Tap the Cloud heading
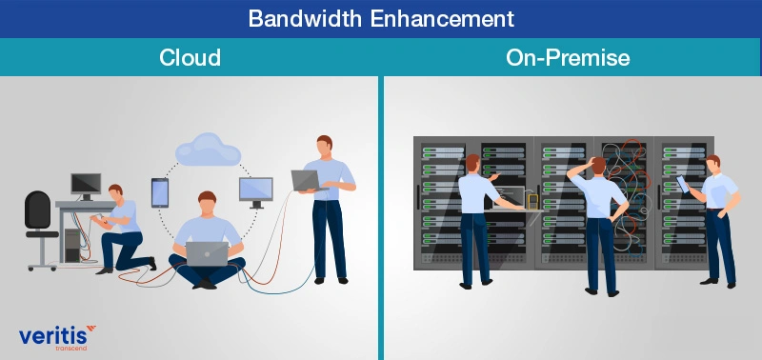pos(190,57)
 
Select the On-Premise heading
pos(569,57)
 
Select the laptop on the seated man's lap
pos(207,254)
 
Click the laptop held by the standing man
pos(307,179)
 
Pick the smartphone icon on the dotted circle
pos(159,191)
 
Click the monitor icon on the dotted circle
pos(255,190)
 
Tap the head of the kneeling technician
pos(115,192)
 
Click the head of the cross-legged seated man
pos(207,202)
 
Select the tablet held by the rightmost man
pos(682,182)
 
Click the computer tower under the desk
pos(72,242)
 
